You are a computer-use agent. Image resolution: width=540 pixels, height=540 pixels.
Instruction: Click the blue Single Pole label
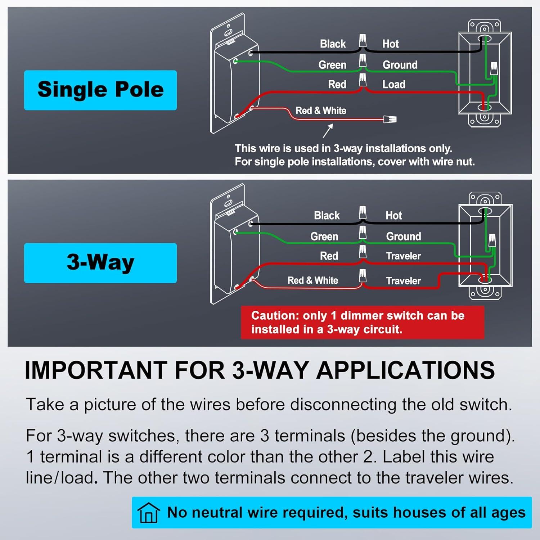pos(100,90)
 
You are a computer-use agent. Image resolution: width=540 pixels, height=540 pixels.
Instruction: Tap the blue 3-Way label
pos(100,262)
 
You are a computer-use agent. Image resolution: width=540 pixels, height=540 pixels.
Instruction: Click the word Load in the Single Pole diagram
pos(394,85)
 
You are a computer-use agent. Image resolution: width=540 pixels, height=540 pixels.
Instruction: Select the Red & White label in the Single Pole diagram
pos(321,111)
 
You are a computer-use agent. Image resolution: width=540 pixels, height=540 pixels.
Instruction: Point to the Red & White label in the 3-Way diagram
pos(312,280)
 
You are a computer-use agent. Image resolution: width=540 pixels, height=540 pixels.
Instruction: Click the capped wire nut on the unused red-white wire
pos(390,119)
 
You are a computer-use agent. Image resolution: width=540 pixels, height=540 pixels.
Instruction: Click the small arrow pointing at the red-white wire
pos(328,131)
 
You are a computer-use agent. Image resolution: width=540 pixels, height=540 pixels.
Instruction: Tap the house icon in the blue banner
pos(149,512)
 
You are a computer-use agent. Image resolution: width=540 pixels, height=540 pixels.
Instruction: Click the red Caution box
pos(362,322)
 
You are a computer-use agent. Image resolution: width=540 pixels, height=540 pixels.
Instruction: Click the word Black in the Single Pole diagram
pos(333,44)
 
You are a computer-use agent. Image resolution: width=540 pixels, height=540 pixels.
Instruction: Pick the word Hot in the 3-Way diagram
pos(393,216)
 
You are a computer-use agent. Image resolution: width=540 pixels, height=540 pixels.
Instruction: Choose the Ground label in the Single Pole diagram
pos(400,65)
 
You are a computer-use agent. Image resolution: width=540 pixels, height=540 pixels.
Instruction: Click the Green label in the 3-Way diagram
pos(324,237)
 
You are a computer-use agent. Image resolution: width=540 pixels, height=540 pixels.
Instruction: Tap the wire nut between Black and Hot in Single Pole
pos(363,41)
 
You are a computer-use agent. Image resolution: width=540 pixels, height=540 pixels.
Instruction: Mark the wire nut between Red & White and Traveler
pos(363,276)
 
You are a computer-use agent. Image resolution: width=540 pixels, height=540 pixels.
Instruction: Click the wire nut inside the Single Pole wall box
pos(494,68)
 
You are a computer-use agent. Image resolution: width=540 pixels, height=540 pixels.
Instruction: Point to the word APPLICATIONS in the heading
pos(405,370)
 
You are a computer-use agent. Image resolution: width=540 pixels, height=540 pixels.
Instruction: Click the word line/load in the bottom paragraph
pos(60,478)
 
